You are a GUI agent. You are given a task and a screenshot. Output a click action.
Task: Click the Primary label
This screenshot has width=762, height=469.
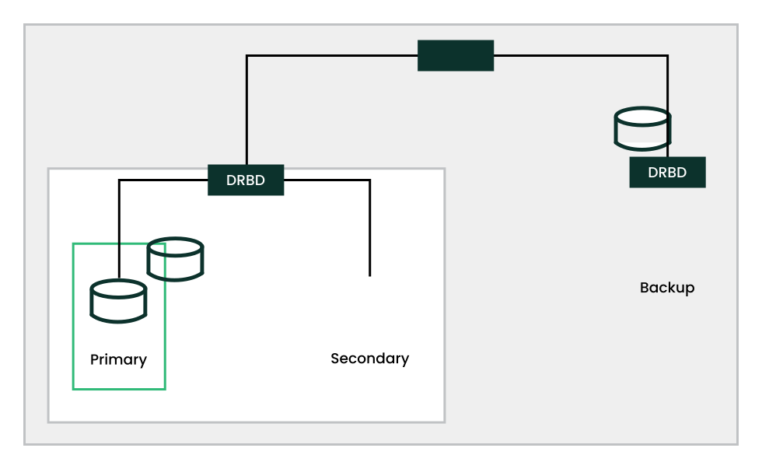(118, 359)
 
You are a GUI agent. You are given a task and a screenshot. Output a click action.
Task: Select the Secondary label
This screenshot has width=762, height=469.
(369, 359)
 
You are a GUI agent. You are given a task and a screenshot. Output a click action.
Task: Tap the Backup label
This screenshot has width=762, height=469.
(666, 288)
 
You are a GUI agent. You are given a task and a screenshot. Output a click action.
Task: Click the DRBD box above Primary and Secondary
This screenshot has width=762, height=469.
(246, 180)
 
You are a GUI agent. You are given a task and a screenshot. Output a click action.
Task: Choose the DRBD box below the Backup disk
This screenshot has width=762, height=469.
(667, 173)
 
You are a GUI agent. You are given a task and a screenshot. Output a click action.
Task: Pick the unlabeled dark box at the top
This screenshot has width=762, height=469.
(456, 55)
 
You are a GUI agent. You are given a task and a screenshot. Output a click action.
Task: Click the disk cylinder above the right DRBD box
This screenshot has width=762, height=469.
(642, 128)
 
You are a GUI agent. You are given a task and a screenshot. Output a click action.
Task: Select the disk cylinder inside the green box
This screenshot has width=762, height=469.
(118, 301)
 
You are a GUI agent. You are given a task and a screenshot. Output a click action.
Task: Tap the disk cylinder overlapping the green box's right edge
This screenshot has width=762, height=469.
(175, 260)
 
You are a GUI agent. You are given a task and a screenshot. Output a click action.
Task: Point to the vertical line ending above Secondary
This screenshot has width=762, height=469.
(369, 229)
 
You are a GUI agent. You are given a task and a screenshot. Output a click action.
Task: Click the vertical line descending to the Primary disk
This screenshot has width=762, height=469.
(119, 229)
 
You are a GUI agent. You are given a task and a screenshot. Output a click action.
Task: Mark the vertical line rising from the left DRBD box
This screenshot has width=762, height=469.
(246, 109)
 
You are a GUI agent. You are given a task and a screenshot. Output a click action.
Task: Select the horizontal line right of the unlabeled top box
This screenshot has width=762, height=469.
(579, 55)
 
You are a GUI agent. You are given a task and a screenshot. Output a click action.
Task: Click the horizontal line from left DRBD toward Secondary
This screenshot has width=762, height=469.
(327, 180)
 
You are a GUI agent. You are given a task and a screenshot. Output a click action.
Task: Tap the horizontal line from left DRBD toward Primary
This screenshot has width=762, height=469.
(163, 180)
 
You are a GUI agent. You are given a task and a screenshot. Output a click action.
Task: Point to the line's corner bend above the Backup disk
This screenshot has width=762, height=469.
(667, 55)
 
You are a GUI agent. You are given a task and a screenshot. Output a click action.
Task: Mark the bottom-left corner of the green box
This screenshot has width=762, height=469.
(73, 388)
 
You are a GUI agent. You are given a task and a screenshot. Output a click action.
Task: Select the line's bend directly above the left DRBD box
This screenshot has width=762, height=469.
(246, 55)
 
